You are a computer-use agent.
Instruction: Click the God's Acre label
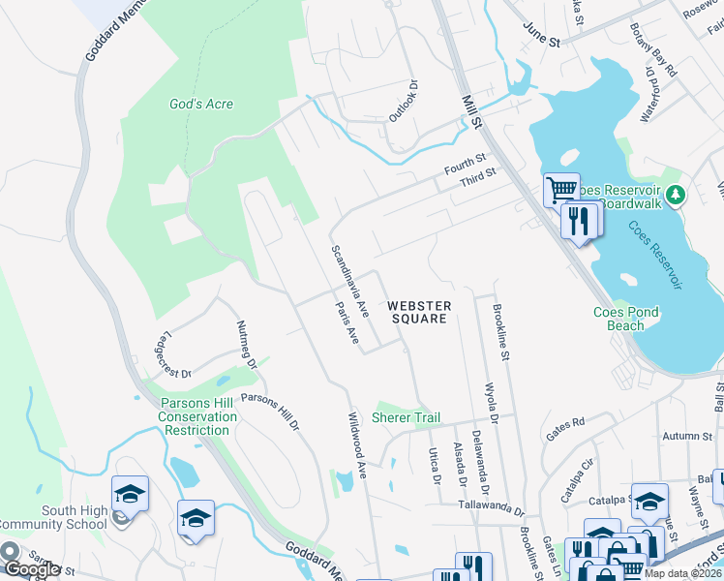tap(201, 105)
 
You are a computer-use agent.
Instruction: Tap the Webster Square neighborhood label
tap(418, 312)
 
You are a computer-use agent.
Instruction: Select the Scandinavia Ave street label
tap(350, 282)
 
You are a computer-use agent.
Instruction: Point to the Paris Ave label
tap(347, 323)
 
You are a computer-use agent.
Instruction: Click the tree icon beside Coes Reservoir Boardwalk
tap(677, 195)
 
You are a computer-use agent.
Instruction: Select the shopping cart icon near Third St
tap(560, 189)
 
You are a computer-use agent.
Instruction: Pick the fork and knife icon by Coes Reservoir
tap(578, 222)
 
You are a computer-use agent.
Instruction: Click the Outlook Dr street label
tap(402, 101)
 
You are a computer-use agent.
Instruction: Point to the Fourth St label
tap(465, 163)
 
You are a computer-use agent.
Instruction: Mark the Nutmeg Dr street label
tap(246, 346)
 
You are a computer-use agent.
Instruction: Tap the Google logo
tap(32, 569)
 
